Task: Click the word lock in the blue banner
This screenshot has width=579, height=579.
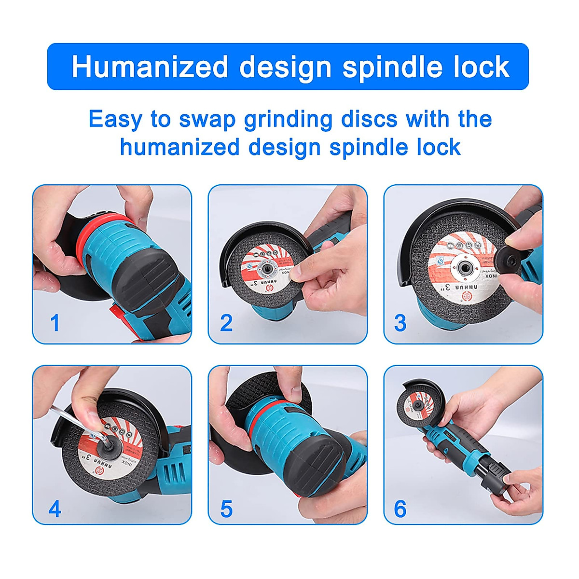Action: pos(476,67)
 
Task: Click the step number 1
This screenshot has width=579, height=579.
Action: pos(55,323)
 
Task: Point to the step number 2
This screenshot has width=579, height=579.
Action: pos(226,323)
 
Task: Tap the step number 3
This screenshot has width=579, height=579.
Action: pos(400,323)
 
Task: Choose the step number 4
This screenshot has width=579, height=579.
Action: pos(55,509)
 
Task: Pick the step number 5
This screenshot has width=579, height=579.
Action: pos(226,509)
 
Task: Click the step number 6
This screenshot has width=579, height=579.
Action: pos(400,509)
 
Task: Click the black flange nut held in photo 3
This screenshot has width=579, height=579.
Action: pos(507,253)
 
